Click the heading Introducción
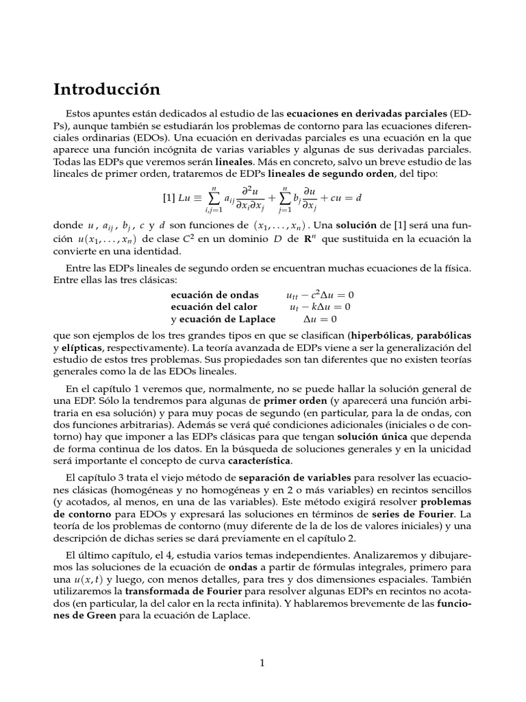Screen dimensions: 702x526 point(106,89)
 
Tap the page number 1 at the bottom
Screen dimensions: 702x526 point(262,662)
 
